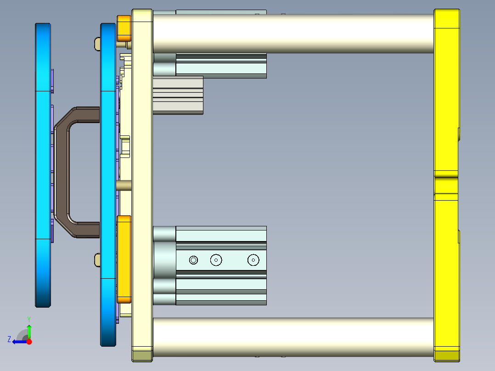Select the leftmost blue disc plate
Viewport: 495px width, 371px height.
(x=43, y=165)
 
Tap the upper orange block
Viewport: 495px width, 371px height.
(x=124, y=28)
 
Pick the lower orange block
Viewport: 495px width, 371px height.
(x=124, y=259)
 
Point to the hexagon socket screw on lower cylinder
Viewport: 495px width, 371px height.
(x=193, y=260)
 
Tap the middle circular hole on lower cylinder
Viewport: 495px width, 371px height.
(x=216, y=260)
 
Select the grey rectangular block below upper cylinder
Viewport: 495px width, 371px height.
(x=178, y=95)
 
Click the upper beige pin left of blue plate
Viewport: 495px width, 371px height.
(x=97, y=44)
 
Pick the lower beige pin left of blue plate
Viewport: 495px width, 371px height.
(x=97, y=260)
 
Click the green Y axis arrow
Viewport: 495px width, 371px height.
(x=29, y=331)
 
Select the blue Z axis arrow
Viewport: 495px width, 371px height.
(x=18, y=342)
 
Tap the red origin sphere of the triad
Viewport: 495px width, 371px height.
(x=29, y=342)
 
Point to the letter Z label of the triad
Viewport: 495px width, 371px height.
(x=9, y=339)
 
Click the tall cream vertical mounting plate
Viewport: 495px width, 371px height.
(x=142, y=184)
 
